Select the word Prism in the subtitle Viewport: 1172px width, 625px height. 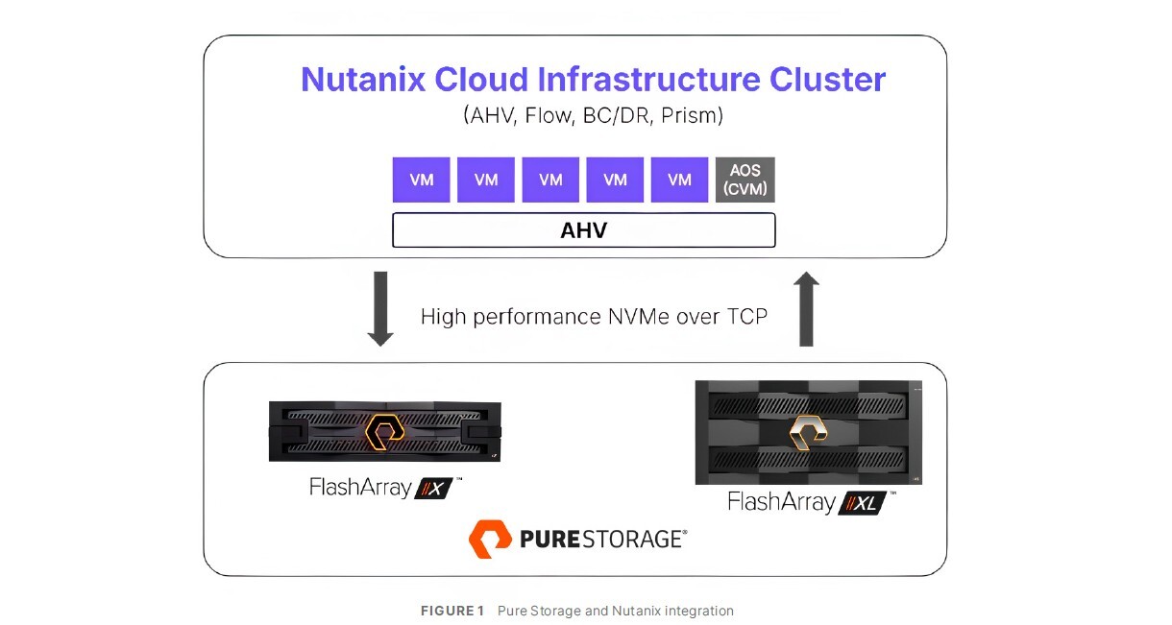tap(692, 116)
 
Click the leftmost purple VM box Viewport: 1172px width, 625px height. tap(421, 180)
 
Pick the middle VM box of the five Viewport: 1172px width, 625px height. tap(550, 180)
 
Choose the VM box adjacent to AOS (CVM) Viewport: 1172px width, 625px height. tap(679, 180)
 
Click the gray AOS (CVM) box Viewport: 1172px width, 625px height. tap(745, 180)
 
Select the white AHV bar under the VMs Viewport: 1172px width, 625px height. tap(583, 230)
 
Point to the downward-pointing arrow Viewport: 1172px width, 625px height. tap(380, 308)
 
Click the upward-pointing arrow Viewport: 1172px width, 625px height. tap(807, 308)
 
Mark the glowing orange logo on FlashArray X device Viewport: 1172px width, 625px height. tap(384, 429)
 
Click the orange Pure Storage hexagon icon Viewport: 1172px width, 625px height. tap(490, 539)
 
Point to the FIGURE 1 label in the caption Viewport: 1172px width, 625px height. tap(452, 612)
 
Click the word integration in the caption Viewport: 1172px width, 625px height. tap(697, 612)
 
